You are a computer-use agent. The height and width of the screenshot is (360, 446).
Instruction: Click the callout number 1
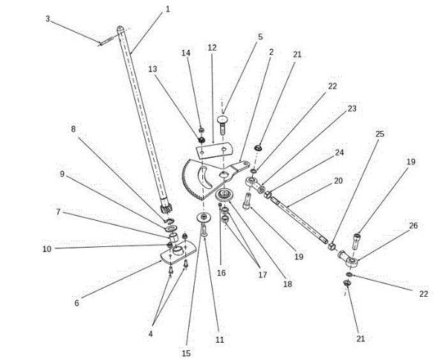pyautogui.click(x=167, y=10)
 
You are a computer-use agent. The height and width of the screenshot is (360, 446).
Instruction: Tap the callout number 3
pyautogui.click(x=48, y=19)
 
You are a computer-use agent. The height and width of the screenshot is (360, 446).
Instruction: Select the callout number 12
pyautogui.click(x=212, y=48)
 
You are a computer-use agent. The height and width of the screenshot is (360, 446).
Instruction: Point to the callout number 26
pyautogui.click(x=413, y=225)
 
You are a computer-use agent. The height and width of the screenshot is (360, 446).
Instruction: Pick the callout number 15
pyautogui.click(x=186, y=353)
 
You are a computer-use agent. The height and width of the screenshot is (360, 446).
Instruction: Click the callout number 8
pyautogui.click(x=74, y=129)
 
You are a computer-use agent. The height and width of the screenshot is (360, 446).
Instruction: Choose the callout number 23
pyautogui.click(x=352, y=109)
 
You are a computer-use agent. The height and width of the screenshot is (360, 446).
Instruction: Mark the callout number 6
pyautogui.click(x=77, y=303)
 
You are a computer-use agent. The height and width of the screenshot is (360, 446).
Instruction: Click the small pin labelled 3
pyautogui.click(x=106, y=40)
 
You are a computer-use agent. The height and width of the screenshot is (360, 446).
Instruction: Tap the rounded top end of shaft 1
pyautogui.click(x=120, y=28)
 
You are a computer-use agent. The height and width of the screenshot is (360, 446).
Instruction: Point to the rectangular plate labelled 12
pyautogui.click(x=214, y=150)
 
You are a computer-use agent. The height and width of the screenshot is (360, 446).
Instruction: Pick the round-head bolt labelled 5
pyautogui.click(x=222, y=124)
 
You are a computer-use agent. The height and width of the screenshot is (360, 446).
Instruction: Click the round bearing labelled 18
pyautogui.click(x=224, y=196)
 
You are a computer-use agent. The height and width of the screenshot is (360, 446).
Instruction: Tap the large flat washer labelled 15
pyautogui.click(x=204, y=218)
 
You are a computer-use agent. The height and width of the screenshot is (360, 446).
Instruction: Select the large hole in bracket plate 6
pyautogui.click(x=178, y=251)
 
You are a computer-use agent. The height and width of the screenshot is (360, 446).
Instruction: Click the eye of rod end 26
pyautogui.click(x=352, y=261)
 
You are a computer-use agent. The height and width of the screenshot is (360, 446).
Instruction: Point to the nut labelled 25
pyautogui.click(x=332, y=246)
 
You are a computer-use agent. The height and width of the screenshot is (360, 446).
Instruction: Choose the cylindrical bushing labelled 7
pyautogui.click(x=173, y=237)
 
